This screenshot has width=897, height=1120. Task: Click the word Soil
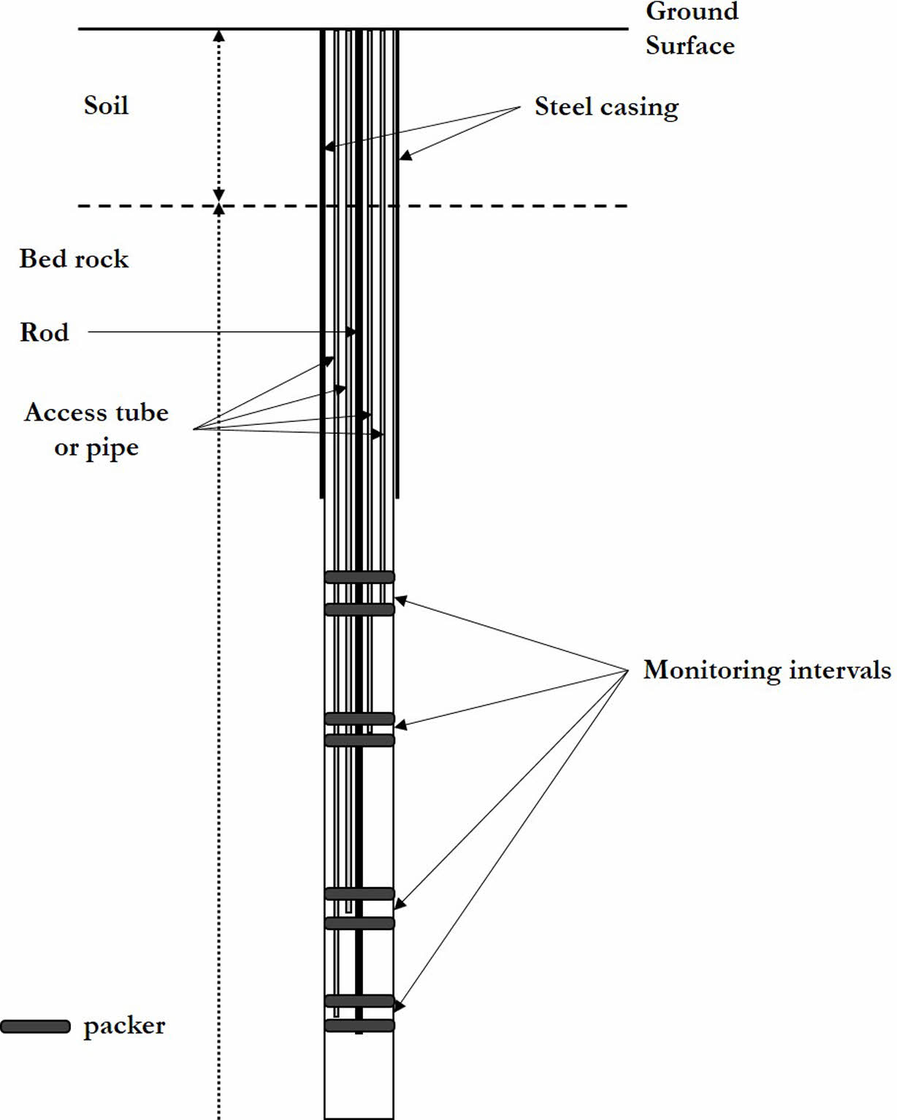pyautogui.click(x=106, y=105)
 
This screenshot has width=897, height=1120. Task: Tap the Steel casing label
pyautogui.click(x=606, y=107)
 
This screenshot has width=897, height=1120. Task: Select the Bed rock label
pyautogui.click(x=74, y=258)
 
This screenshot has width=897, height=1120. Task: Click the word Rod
pyautogui.click(x=45, y=332)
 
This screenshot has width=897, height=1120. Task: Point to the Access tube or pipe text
pyautogui.click(x=96, y=430)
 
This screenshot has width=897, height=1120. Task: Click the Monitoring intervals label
pyautogui.click(x=767, y=670)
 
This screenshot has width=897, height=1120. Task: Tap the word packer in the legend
pyautogui.click(x=124, y=1026)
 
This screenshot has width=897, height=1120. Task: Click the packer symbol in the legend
pyautogui.click(x=35, y=1027)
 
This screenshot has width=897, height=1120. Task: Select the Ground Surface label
pyautogui.click(x=691, y=28)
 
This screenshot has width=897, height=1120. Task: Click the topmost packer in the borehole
pyautogui.click(x=359, y=577)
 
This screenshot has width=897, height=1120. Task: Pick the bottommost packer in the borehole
pyautogui.click(x=359, y=1026)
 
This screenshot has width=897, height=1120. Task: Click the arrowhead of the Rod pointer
pyautogui.click(x=352, y=332)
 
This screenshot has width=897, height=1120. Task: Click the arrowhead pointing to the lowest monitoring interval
pyautogui.click(x=400, y=1005)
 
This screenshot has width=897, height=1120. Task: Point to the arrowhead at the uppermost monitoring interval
pyautogui.click(x=400, y=600)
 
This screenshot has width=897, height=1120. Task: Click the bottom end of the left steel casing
pyautogui.click(x=322, y=496)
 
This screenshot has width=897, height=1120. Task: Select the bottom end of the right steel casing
pyautogui.click(x=397, y=496)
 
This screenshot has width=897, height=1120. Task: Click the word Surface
pyautogui.click(x=690, y=46)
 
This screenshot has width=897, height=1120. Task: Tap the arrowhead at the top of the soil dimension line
pyautogui.click(x=218, y=35)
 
